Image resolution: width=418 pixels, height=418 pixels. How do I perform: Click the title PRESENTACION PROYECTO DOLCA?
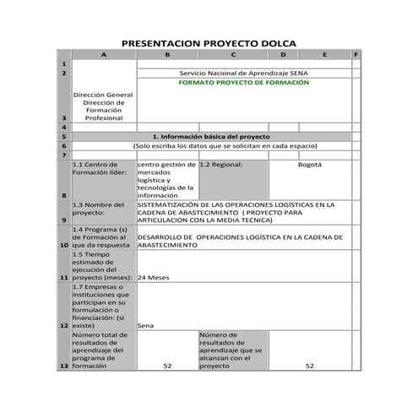coord(209,43)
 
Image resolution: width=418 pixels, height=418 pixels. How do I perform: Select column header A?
coord(104,55)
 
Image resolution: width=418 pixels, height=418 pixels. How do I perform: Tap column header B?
coord(166,55)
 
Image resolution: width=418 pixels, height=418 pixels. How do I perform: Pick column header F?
coord(356,55)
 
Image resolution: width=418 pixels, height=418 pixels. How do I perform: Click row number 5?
coord(64,136)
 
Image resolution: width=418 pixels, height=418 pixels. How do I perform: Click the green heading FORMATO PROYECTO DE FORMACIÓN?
coord(244,84)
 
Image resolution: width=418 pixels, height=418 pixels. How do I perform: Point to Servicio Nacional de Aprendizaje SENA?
coord(244,73)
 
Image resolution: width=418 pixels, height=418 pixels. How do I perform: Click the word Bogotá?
coord(310,165)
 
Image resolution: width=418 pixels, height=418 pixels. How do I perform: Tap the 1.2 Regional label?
coord(221,165)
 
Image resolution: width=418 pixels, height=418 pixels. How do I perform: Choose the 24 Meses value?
coord(155,277)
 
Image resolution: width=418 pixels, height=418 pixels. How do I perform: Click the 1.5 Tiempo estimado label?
coord(102,265)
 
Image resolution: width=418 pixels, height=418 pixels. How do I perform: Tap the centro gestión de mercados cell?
coord(166,180)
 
